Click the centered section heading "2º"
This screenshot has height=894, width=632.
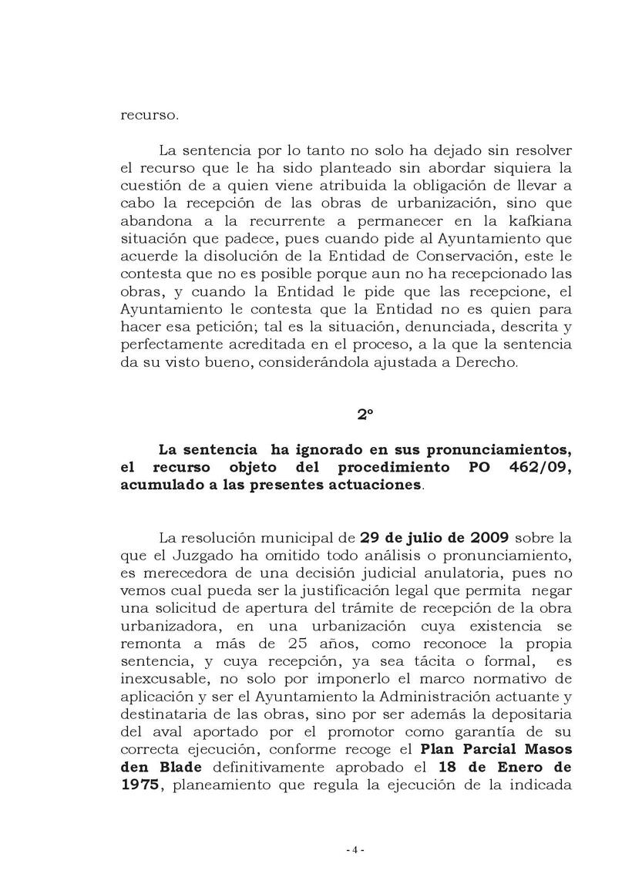click(365, 415)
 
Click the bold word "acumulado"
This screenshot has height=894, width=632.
click(156, 485)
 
